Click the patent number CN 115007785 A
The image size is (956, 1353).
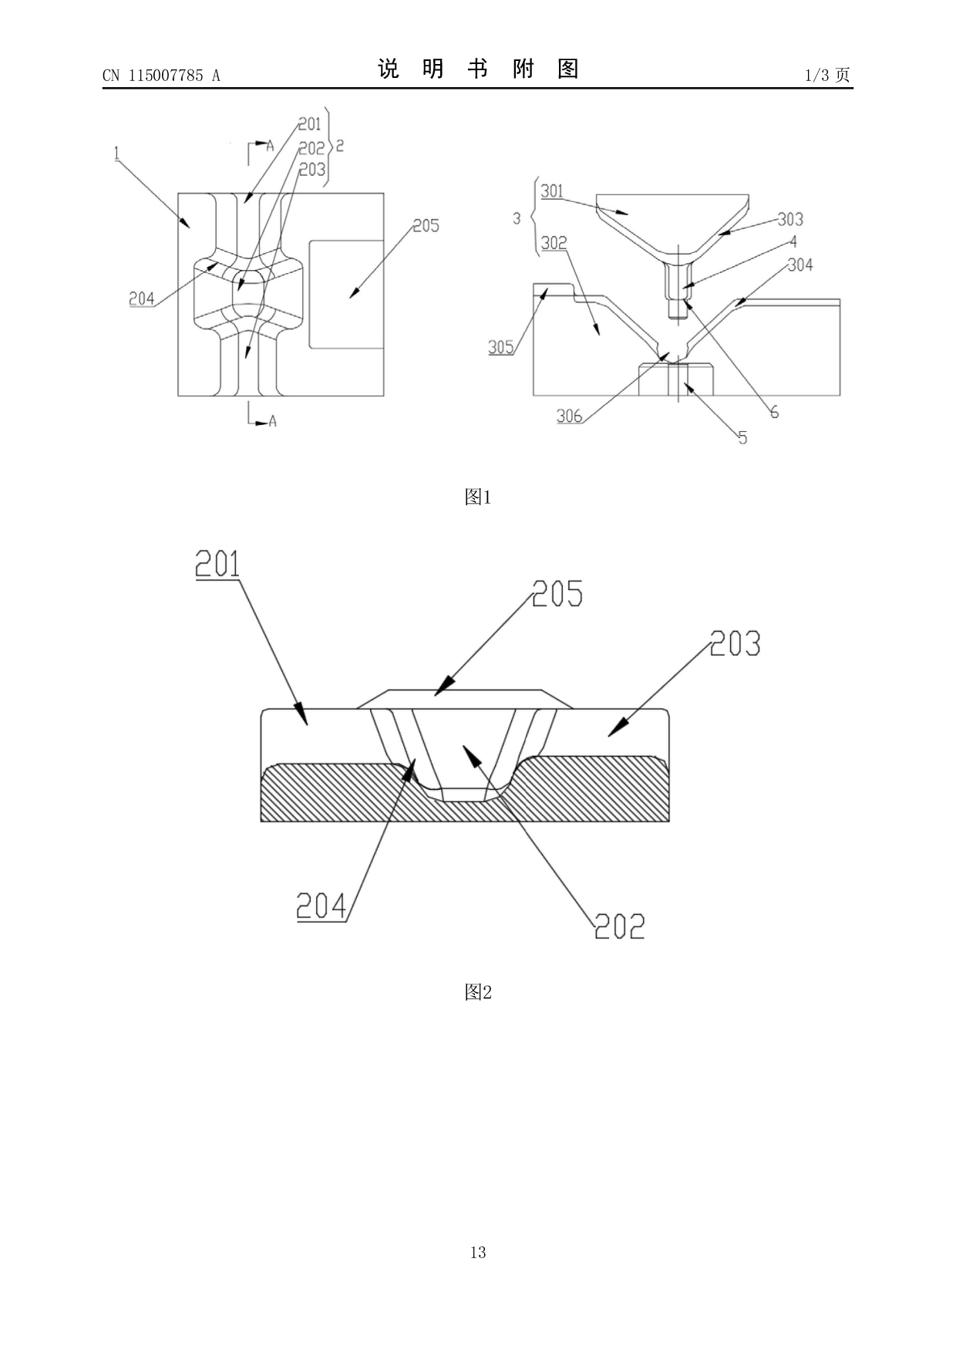161,76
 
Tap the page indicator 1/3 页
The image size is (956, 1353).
827,75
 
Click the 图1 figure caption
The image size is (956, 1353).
478,498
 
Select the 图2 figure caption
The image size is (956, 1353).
478,992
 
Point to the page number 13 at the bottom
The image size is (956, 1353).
478,1252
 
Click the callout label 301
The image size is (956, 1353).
552,191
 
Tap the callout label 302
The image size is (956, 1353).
554,243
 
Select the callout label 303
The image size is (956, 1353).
790,219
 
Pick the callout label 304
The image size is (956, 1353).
800,265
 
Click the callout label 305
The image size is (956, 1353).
501,347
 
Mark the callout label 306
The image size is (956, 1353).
570,417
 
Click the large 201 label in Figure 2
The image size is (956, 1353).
217,564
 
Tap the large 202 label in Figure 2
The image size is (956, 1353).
620,925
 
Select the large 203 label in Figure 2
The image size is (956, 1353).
735,643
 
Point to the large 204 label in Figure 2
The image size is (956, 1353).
322,906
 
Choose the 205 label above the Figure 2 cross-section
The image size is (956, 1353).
557,594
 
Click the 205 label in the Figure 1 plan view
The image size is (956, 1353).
426,225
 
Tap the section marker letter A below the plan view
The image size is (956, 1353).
272,422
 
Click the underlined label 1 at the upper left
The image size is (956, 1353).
116,154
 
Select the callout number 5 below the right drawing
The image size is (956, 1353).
742,438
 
